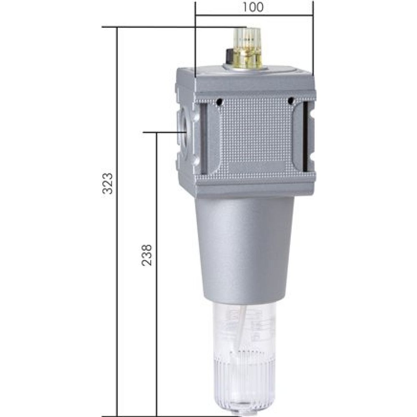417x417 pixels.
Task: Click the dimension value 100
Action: [254, 7]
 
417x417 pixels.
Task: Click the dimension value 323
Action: [108, 183]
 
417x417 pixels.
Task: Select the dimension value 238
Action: [147, 255]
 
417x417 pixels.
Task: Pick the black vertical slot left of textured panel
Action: [203, 138]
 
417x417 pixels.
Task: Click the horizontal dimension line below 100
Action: [254, 16]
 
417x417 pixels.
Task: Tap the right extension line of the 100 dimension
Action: [312, 42]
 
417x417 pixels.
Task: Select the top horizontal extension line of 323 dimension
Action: [167, 28]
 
